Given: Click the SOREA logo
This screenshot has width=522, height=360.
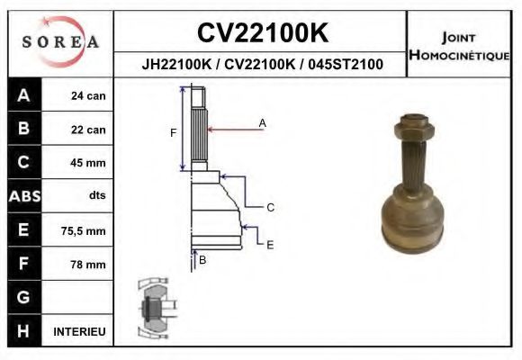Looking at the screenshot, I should pos(59,41).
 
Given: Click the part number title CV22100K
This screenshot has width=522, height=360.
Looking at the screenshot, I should pos(261,33).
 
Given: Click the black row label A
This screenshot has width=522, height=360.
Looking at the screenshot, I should pos(23,96).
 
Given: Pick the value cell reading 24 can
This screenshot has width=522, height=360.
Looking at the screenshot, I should pos(88,96).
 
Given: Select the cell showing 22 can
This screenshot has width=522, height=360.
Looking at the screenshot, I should pos(88,130).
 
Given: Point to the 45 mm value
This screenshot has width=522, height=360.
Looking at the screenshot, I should pos(88,163).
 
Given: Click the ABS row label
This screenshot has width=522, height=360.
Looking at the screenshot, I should pos(23,196).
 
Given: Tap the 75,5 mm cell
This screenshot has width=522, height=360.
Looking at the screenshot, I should pos(83,231).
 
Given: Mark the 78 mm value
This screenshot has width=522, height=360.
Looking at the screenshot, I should pos(88,265).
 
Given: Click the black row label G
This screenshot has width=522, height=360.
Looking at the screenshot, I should pos(23,297).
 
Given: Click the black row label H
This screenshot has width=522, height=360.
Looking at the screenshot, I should pos(23,331).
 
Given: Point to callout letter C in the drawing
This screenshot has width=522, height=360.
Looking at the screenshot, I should pos(270,208).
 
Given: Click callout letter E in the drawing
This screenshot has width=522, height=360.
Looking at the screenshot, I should pos(270,244).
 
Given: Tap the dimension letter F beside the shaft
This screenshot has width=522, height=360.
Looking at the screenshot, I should pos(174,133).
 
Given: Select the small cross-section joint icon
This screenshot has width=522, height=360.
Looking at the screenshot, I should pos(152,310).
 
